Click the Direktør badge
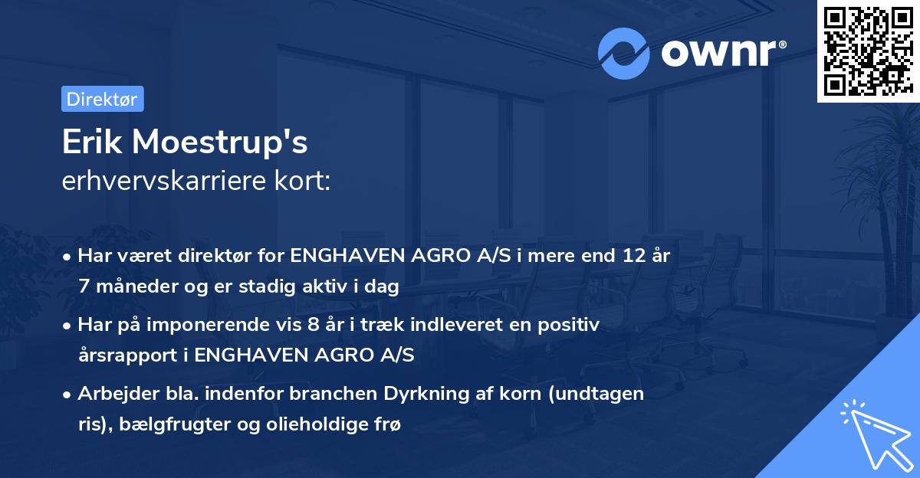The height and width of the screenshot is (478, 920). (102, 99)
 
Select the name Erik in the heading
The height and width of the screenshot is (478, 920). (90, 142)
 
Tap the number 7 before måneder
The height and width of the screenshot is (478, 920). (84, 287)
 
